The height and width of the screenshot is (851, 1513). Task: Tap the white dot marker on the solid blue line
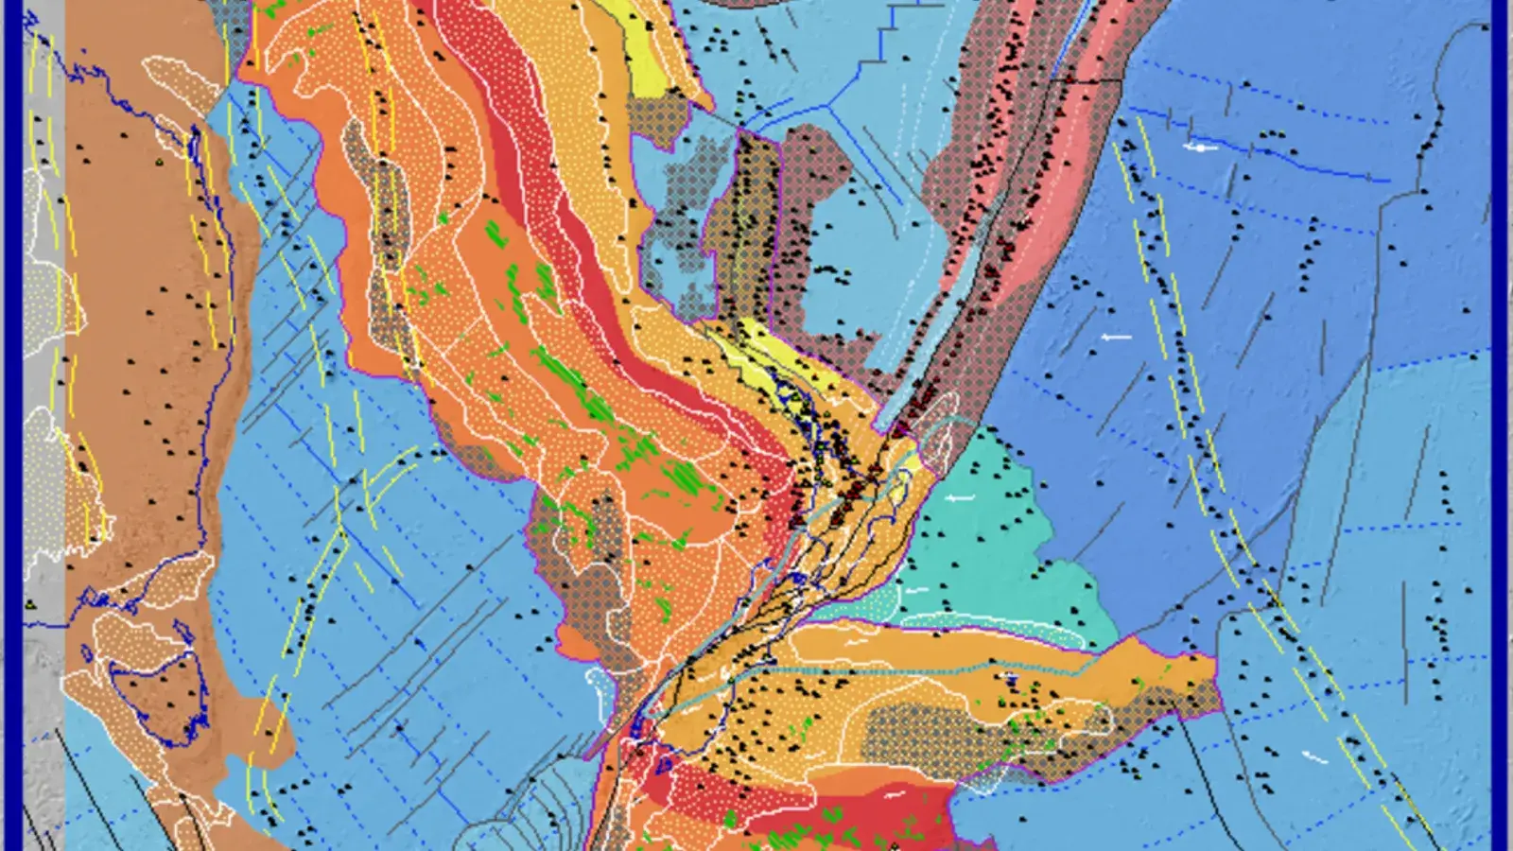pos(1200,148)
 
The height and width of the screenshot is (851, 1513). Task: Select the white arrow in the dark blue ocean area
pos(1117,337)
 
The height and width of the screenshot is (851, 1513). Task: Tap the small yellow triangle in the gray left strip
pos(32,603)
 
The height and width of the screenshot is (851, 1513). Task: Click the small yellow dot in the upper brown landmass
pos(161,162)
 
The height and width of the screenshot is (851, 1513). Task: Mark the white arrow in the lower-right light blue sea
pos(1313,756)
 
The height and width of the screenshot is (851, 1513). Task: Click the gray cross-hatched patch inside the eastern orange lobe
pos(946,728)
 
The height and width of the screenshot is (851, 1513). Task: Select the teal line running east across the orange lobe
pos(898,669)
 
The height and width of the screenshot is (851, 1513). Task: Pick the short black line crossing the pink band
pos(1078,81)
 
